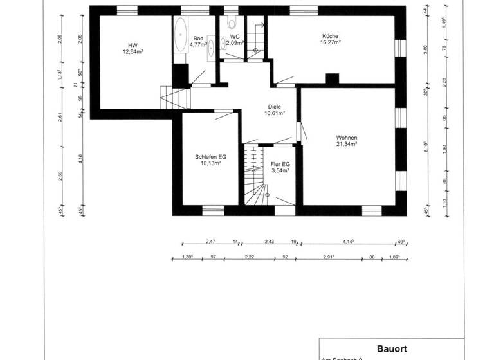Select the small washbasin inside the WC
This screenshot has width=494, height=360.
[x=224, y=44]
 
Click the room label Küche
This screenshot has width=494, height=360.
[x=331, y=36]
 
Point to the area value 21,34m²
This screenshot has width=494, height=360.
[x=346, y=144]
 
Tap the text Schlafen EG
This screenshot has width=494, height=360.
[x=210, y=156]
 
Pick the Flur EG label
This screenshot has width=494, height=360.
[x=280, y=164]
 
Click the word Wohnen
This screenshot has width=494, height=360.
[x=346, y=138]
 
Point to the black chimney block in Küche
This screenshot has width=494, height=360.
[x=332, y=79]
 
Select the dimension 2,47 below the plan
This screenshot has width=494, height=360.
[x=210, y=241]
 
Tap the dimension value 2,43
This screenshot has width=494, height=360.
[x=270, y=241]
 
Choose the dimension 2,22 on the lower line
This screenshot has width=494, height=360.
[x=249, y=257]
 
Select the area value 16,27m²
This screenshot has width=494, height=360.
[x=331, y=42]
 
